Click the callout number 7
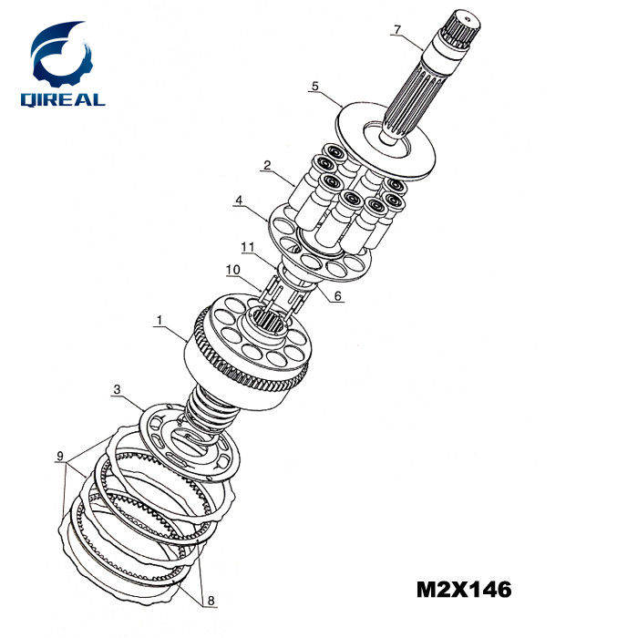(397, 30)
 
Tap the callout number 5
(315, 87)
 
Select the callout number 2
(267, 165)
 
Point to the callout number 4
(239, 201)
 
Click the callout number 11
(247, 247)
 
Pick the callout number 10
(233, 270)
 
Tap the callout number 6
(338, 296)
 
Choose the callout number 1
(159, 320)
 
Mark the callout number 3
(118, 389)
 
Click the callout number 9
(60, 456)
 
